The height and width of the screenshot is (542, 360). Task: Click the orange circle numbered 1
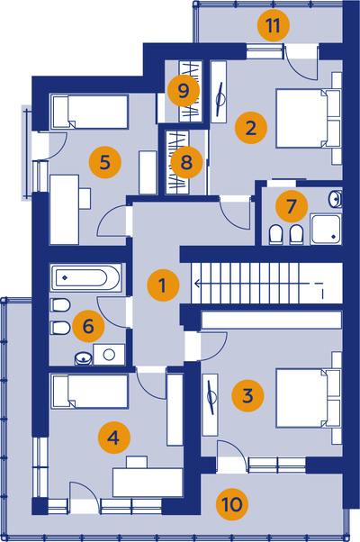point(163,285)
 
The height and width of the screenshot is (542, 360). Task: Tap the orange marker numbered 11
point(274,25)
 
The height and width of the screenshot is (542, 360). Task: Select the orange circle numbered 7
point(292,206)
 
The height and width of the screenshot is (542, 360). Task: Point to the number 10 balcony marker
point(232,504)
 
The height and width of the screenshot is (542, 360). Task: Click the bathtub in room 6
point(85,277)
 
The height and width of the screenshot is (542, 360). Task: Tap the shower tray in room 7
point(326,230)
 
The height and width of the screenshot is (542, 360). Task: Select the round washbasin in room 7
point(335,199)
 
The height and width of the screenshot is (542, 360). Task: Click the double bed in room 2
point(308,119)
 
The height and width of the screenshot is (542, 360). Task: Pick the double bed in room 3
point(308,399)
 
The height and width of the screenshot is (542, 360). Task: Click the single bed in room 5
point(90,112)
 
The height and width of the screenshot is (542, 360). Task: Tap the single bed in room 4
point(90,392)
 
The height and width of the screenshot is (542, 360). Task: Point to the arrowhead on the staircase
point(198,284)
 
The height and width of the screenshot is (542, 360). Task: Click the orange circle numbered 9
point(184,91)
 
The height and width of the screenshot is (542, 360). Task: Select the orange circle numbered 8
point(186,162)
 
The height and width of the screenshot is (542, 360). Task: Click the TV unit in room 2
point(219,92)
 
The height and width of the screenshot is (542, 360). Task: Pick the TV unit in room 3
point(210,405)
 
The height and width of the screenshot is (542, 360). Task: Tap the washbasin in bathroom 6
point(84,358)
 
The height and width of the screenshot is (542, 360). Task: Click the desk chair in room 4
point(137,462)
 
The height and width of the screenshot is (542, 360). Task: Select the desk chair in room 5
point(85,198)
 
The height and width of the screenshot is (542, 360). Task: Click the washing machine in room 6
point(109,355)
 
